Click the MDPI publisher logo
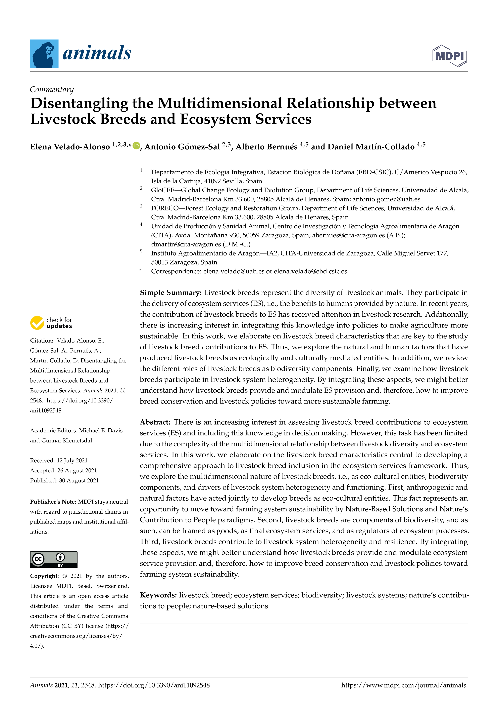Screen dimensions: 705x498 point(450,56)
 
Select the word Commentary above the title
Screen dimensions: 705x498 point(52,90)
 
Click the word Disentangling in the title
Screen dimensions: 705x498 point(79,104)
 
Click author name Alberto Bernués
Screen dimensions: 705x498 point(266,147)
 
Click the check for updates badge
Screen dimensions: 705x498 point(51,323)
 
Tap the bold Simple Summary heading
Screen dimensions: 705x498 point(170,293)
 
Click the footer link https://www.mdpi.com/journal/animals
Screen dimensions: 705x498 point(404,685)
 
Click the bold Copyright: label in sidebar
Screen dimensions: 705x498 point(44,576)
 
